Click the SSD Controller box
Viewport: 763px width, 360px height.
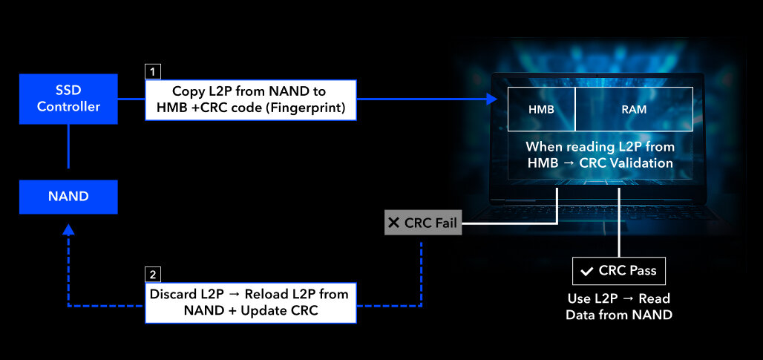pos(68,99)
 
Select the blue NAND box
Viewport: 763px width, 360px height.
pos(68,197)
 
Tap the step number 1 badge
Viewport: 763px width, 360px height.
pos(153,72)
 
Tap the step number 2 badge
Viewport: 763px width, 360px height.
pos(153,274)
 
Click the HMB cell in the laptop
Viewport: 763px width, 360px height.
pos(541,110)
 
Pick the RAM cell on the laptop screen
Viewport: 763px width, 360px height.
pos(633,110)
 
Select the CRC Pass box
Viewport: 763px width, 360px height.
pos(618,271)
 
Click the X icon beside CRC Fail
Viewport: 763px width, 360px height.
pos(394,222)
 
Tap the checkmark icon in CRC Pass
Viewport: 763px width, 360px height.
pos(587,272)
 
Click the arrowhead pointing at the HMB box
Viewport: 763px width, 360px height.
pos(491,99)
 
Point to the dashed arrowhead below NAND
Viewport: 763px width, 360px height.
pos(68,230)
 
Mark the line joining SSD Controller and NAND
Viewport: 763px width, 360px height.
pos(68,151)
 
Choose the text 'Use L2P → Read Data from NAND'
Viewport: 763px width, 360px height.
pos(618,307)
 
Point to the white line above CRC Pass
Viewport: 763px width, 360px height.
pos(619,223)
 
